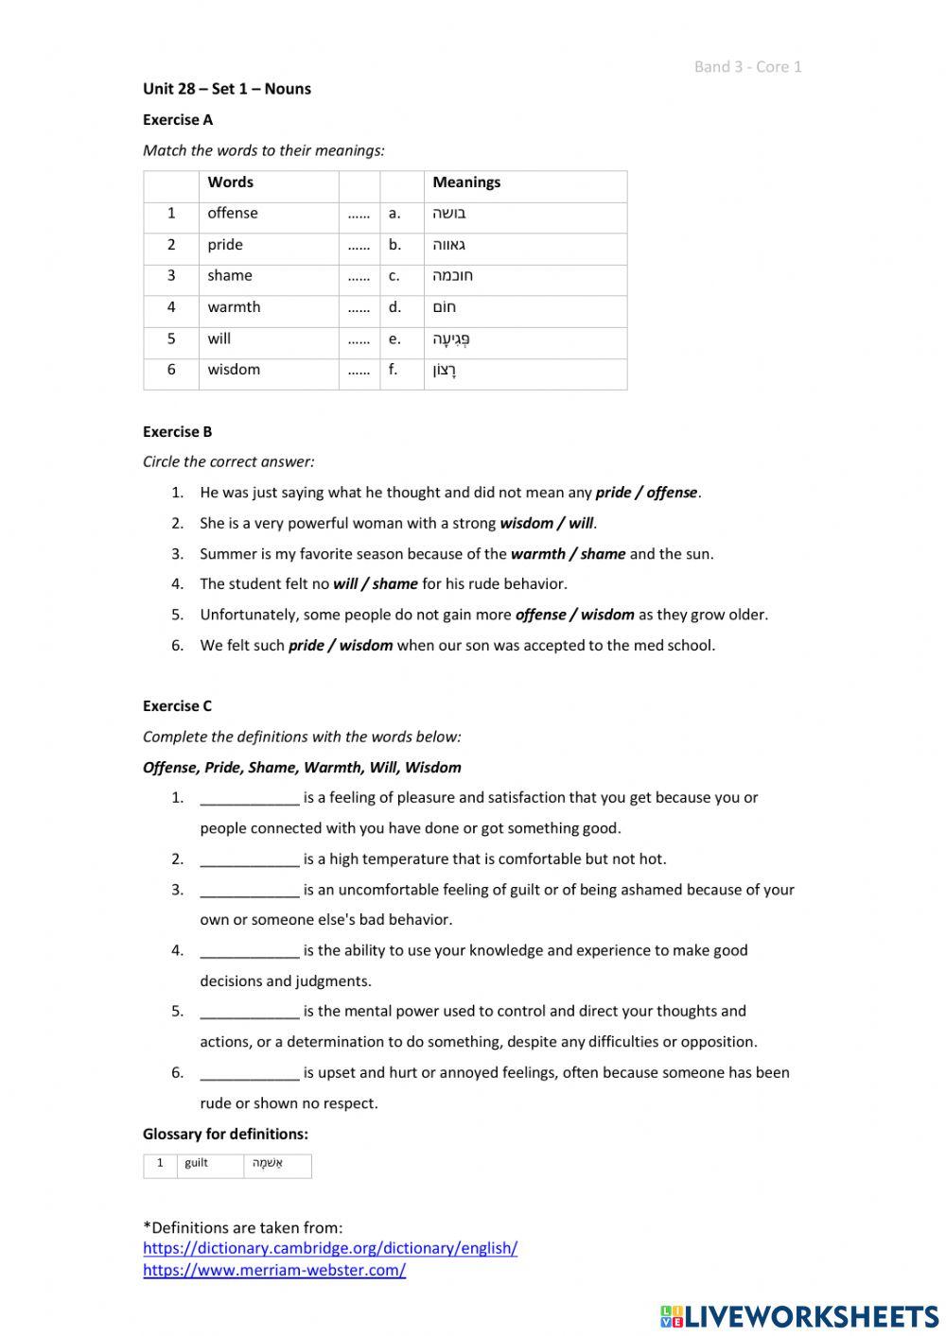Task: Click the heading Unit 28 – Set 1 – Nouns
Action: click(x=226, y=89)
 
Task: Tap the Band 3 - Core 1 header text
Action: click(x=747, y=66)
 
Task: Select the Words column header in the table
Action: click(x=230, y=182)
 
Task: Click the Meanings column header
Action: click(x=466, y=182)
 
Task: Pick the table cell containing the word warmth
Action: click(x=234, y=307)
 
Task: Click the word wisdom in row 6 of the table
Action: click(x=234, y=370)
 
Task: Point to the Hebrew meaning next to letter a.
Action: click(x=449, y=214)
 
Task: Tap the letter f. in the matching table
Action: click(x=393, y=370)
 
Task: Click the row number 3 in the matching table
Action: click(x=171, y=276)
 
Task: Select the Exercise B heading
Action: click(x=177, y=432)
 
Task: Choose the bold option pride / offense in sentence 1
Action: click(x=646, y=493)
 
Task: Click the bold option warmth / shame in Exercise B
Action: click(x=568, y=554)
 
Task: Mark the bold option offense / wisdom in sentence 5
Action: click(x=574, y=615)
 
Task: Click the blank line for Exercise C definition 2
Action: click(x=249, y=859)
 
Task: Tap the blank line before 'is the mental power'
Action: click(x=249, y=1012)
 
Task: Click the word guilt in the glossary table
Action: click(x=197, y=1163)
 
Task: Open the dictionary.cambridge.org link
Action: click(x=330, y=1248)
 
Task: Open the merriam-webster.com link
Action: click(x=274, y=1270)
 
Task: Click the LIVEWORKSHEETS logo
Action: click(x=799, y=1316)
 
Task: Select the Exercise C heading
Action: click(x=177, y=706)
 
